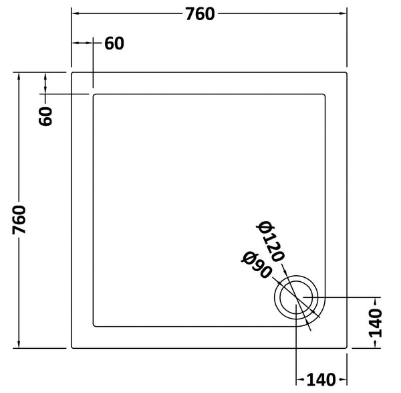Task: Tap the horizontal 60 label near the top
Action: click(x=114, y=44)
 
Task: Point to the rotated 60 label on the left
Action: click(x=45, y=116)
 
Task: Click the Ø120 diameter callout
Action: click(x=273, y=241)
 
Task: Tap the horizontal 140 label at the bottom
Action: click(x=320, y=381)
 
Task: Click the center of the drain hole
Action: click(x=296, y=297)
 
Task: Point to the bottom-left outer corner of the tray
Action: click(x=72, y=348)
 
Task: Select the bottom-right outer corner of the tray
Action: click(x=348, y=348)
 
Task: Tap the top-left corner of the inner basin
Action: click(x=93, y=94)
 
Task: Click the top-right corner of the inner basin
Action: click(x=325, y=94)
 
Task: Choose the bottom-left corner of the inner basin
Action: click(x=93, y=327)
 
